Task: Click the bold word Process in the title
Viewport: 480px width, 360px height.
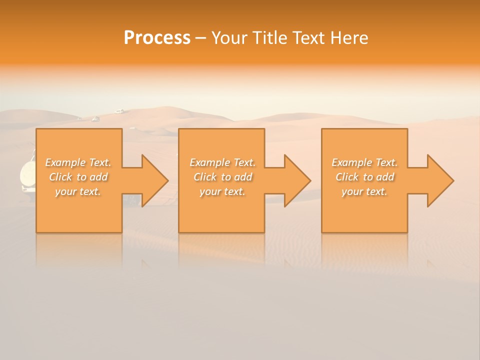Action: click(x=157, y=38)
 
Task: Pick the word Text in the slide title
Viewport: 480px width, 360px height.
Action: click(x=308, y=38)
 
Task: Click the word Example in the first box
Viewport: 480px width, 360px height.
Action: click(x=65, y=162)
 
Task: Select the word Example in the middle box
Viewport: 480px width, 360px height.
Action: click(x=210, y=162)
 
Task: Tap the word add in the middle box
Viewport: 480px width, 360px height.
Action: click(x=242, y=177)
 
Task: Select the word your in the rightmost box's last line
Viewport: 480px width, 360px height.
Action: click(x=352, y=192)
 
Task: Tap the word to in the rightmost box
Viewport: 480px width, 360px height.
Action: click(x=368, y=177)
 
